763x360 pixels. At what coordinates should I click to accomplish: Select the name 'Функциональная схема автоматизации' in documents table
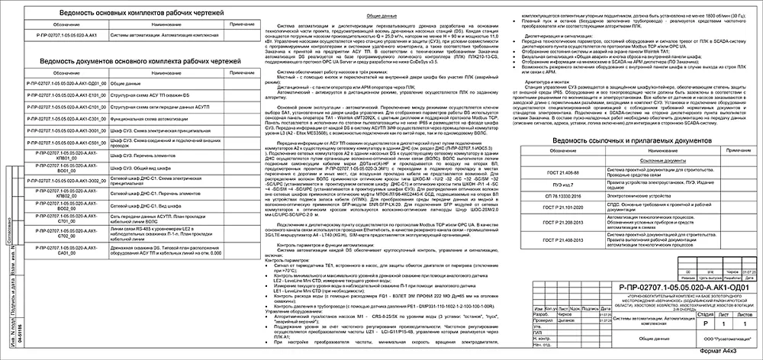(x=152, y=120)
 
